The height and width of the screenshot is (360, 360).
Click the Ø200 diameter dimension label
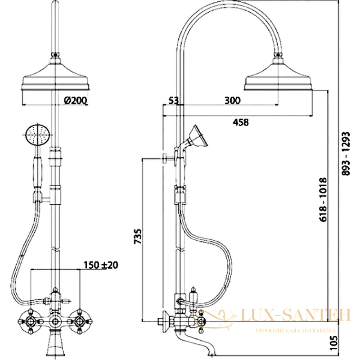tap(76, 100)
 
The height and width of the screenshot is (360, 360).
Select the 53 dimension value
tap(173, 100)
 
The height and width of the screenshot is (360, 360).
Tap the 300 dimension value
tap(232, 100)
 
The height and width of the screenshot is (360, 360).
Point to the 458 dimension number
tap(241, 122)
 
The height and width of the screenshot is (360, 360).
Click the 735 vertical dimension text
tap(138, 236)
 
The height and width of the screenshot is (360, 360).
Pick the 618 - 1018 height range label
tap(323, 199)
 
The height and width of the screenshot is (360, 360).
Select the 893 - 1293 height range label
tap(346, 153)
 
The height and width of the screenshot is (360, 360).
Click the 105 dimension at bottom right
tap(333, 343)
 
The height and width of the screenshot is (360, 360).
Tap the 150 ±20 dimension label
tap(101, 265)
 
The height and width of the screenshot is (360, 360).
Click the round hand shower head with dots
tap(37, 136)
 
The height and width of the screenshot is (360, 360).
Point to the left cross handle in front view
tap(30, 321)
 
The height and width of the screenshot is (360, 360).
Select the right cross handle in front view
tap(80, 321)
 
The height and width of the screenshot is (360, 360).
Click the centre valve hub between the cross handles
tap(55, 321)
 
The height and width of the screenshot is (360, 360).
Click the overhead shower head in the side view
tap(279, 74)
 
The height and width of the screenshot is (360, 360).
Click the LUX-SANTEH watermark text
tap(296, 315)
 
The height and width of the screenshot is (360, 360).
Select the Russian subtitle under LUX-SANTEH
tap(296, 331)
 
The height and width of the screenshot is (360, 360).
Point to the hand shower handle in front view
tap(37, 172)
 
